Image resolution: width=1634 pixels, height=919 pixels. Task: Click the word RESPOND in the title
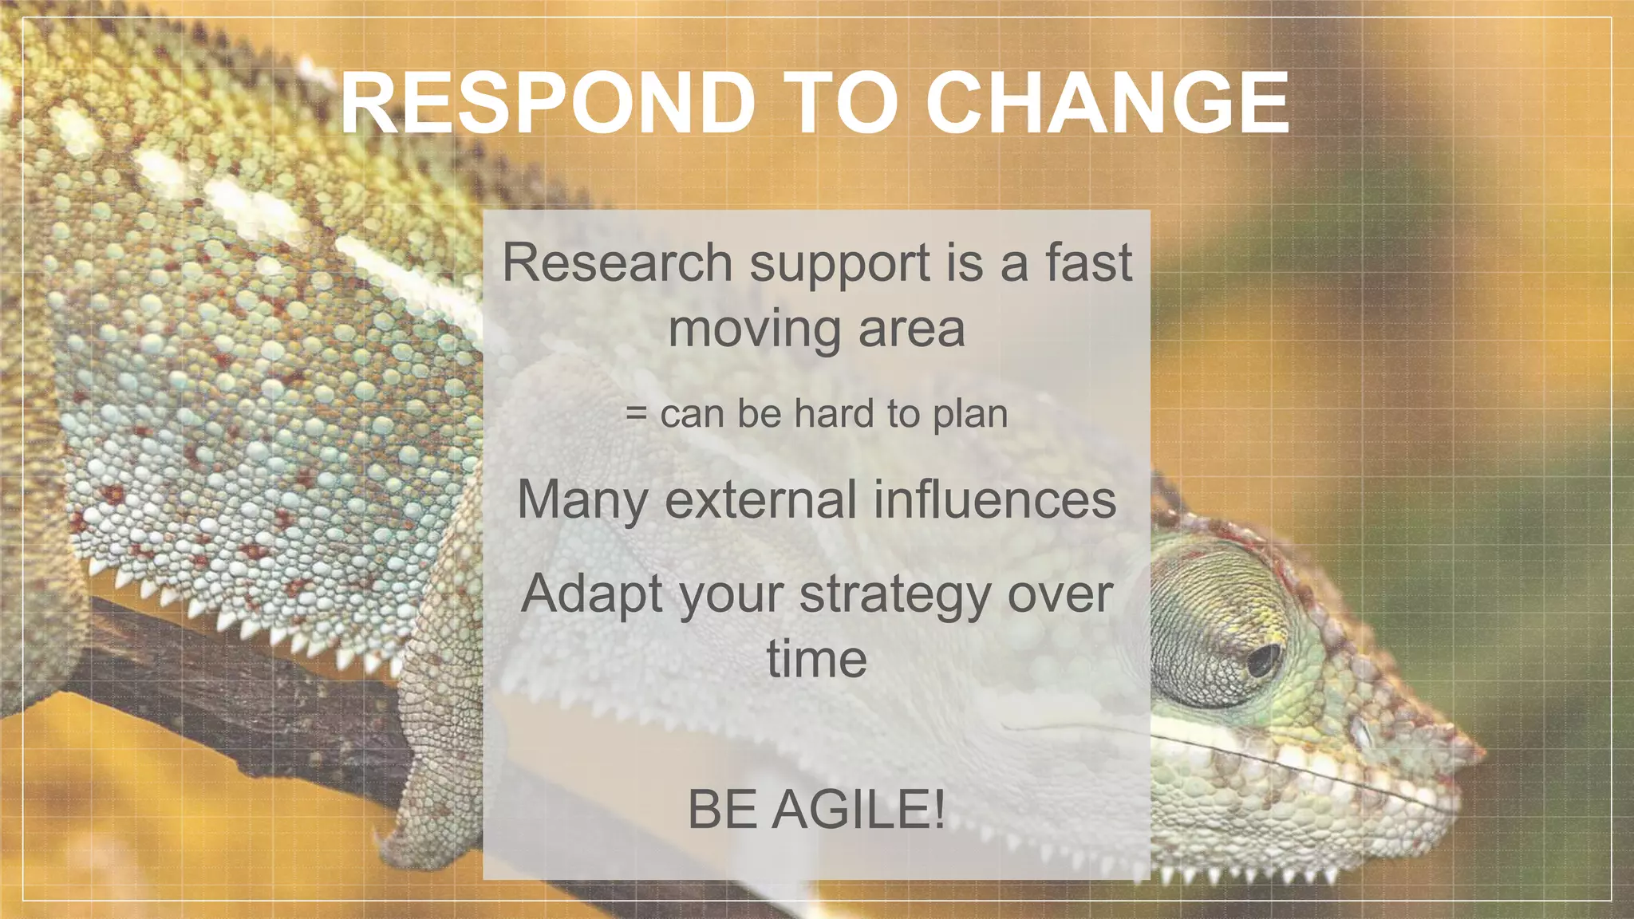(x=547, y=103)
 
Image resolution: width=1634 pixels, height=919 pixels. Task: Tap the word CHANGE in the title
(x=1107, y=103)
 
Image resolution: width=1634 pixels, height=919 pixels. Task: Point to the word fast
(x=1088, y=262)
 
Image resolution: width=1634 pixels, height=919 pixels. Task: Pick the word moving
(x=755, y=329)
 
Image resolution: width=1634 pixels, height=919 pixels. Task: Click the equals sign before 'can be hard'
(x=636, y=414)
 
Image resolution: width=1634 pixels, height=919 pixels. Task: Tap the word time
(x=816, y=660)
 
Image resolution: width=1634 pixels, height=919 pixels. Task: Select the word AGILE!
(x=858, y=809)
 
